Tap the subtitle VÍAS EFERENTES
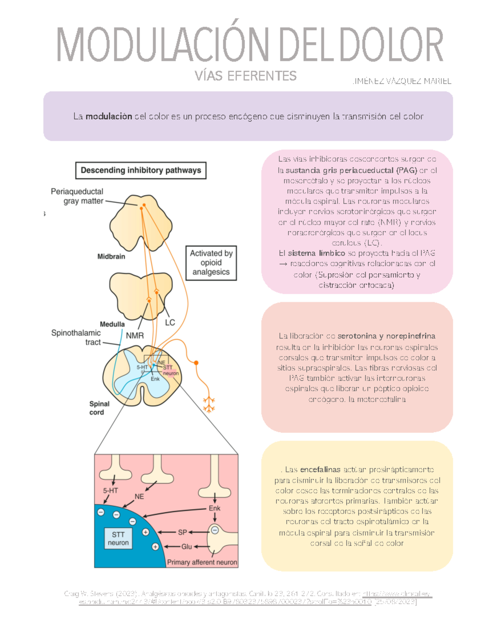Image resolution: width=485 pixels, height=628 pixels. click(x=245, y=76)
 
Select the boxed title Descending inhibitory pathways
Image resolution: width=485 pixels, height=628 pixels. click(x=141, y=170)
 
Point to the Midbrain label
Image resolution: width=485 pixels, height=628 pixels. click(x=111, y=256)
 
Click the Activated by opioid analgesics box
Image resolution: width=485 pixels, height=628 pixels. click(x=211, y=263)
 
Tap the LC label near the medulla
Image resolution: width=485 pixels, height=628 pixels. click(x=170, y=322)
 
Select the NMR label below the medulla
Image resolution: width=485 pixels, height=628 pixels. click(x=135, y=336)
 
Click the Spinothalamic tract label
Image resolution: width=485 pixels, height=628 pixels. click(x=76, y=337)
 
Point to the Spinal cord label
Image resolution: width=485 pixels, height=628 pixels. click(x=99, y=408)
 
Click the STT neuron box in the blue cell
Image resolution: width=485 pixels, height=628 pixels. click(x=118, y=539)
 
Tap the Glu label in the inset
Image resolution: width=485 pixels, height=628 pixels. click(x=186, y=546)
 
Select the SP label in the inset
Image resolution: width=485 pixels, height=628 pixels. click(x=182, y=532)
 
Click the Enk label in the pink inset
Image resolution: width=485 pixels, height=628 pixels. click(x=214, y=508)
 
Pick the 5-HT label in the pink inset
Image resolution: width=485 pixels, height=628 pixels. click(x=110, y=490)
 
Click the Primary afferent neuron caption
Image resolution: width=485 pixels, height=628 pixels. click(x=202, y=562)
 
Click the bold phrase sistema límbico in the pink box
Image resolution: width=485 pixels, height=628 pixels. click(x=316, y=253)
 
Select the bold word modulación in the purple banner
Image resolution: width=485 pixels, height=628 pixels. click(x=109, y=116)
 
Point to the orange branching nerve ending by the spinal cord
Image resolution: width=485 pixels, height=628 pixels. click(x=209, y=404)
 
